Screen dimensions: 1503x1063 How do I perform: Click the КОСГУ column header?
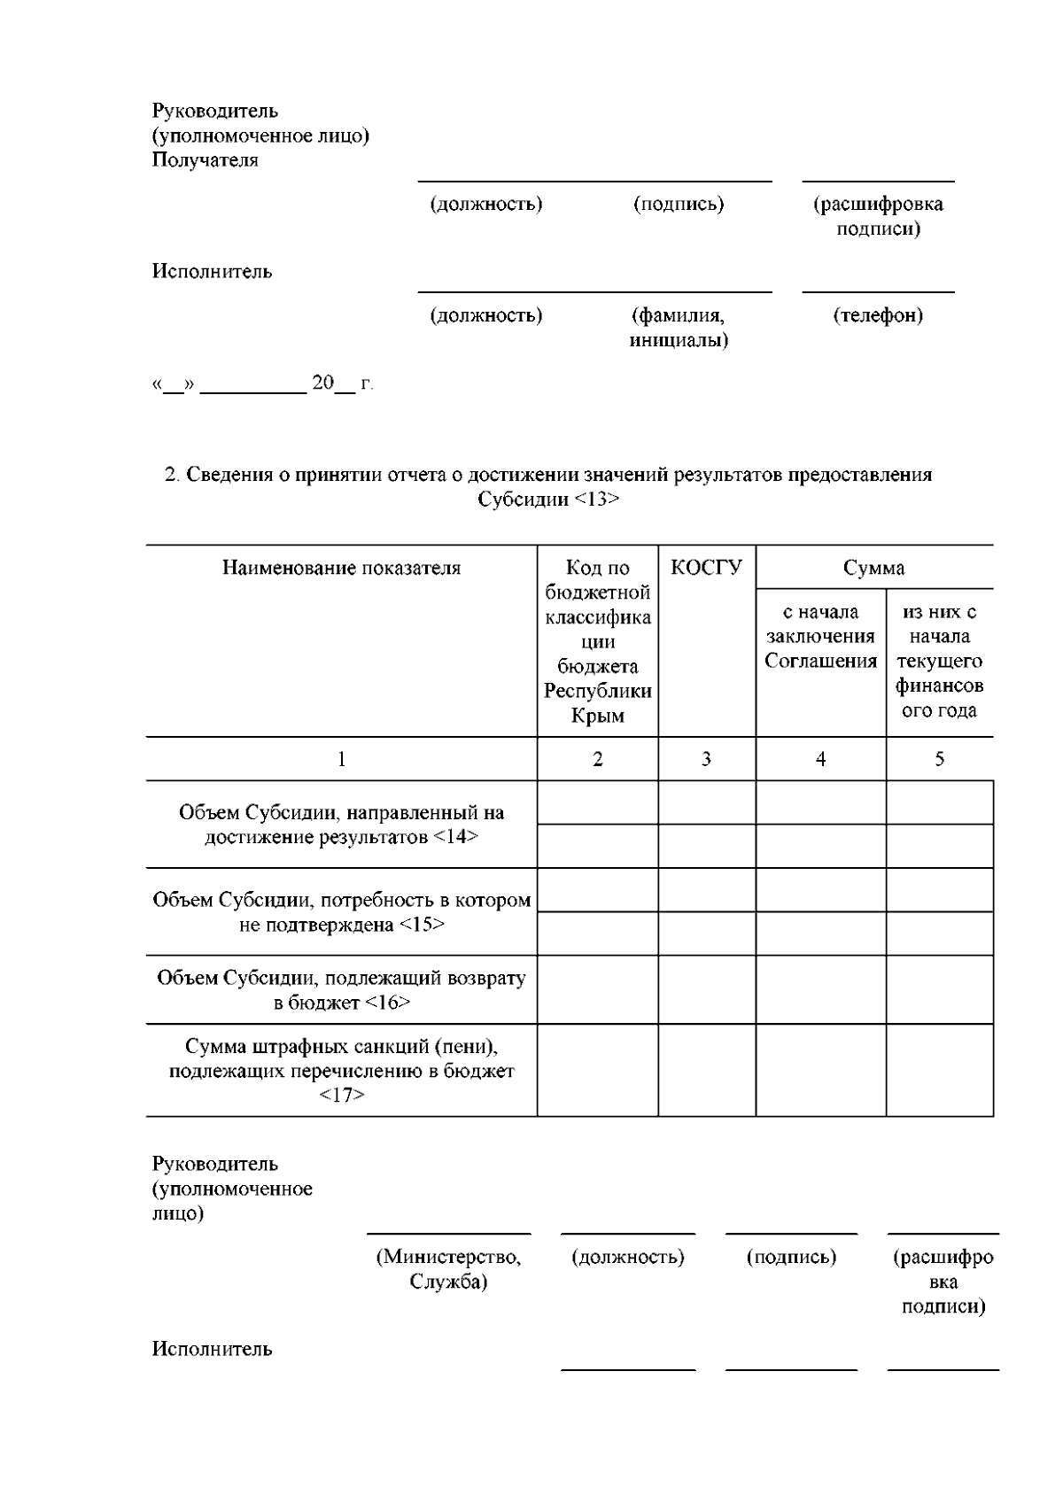(x=706, y=568)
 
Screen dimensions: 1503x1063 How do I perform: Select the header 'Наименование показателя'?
(x=341, y=568)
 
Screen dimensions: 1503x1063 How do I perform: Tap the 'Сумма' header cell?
(x=873, y=568)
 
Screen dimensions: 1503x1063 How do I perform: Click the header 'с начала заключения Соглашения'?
(x=820, y=637)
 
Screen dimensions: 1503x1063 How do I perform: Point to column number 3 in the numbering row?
(x=706, y=759)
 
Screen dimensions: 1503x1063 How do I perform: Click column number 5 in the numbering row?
(x=939, y=759)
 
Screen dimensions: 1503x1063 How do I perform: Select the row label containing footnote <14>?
(x=341, y=825)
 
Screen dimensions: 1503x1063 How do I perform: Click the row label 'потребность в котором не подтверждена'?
(x=341, y=912)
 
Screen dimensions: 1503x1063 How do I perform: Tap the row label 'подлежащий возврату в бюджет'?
(x=341, y=990)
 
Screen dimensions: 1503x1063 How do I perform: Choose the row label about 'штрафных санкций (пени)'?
(x=341, y=1071)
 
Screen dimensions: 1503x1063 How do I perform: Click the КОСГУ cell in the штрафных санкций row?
(x=706, y=1071)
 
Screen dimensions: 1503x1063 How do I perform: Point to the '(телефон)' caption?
(x=878, y=316)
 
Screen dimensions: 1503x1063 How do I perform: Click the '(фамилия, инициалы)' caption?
(x=679, y=328)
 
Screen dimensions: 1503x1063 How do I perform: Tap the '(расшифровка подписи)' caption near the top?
(x=878, y=217)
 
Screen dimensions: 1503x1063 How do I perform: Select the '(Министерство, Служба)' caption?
(x=448, y=1269)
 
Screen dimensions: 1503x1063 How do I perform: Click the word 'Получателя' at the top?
(x=206, y=160)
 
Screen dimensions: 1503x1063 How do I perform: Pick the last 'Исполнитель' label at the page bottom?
(x=212, y=1349)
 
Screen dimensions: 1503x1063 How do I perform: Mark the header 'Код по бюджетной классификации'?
(x=597, y=641)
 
